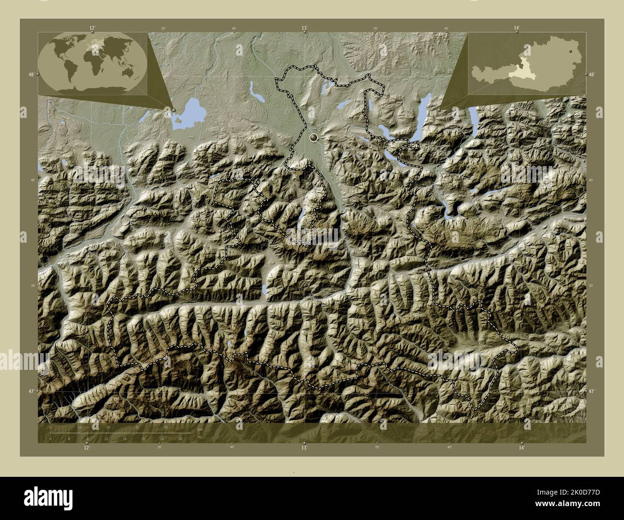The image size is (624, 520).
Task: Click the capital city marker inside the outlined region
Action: click(x=314, y=138)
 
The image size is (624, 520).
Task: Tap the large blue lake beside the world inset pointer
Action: click(x=190, y=113)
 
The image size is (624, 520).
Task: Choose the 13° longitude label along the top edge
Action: click(x=304, y=28)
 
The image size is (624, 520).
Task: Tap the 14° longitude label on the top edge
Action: click(x=516, y=28)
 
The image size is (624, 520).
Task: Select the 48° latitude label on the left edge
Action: click(x=31, y=74)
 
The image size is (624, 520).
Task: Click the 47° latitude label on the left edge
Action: click(x=31, y=392)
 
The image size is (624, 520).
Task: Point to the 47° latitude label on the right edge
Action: click(x=592, y=392)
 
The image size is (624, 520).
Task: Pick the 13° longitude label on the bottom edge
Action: click(x=304, y=448)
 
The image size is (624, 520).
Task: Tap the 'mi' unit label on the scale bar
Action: click(x=200, y=436)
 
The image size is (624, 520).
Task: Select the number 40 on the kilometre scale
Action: click(x=166, y=427)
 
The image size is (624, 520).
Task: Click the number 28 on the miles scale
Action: click(x=180, y=438)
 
